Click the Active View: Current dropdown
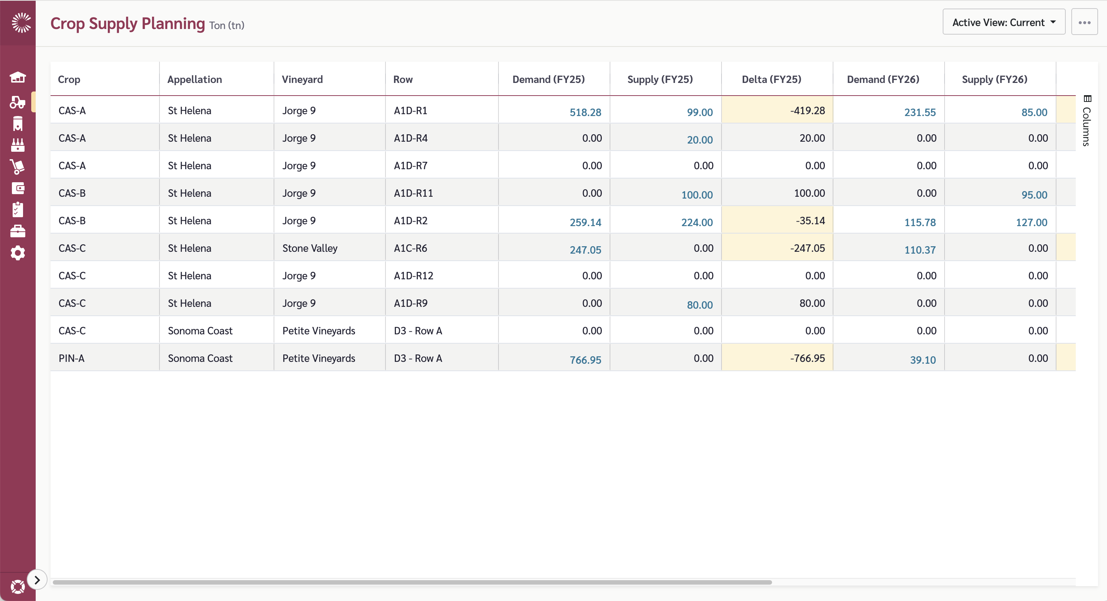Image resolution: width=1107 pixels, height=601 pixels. pos(1003,22)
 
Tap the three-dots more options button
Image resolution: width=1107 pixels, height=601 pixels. pos(1084,22)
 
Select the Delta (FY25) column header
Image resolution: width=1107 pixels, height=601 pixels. pos(771,80)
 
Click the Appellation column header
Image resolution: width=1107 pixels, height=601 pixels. pos(195,80)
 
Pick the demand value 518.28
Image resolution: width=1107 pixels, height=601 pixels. pos(585,112)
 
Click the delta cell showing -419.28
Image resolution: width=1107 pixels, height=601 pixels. pos(807,110)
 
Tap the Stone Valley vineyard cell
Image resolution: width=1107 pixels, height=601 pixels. pos(310,248)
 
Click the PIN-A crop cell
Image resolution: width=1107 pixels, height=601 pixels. pos(71,358)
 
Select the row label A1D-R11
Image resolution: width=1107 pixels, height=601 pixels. pos(413,193)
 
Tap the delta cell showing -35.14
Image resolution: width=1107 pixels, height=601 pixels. pos(810,221)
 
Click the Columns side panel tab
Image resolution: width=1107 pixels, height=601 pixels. pos(1087,121)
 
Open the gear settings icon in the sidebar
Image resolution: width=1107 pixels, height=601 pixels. pos(17,253)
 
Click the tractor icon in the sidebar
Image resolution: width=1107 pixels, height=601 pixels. pos(17,102)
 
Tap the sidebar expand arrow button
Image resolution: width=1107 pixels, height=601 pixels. pos(37,580)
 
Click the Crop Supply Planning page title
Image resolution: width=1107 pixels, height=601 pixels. pos(128,24)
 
